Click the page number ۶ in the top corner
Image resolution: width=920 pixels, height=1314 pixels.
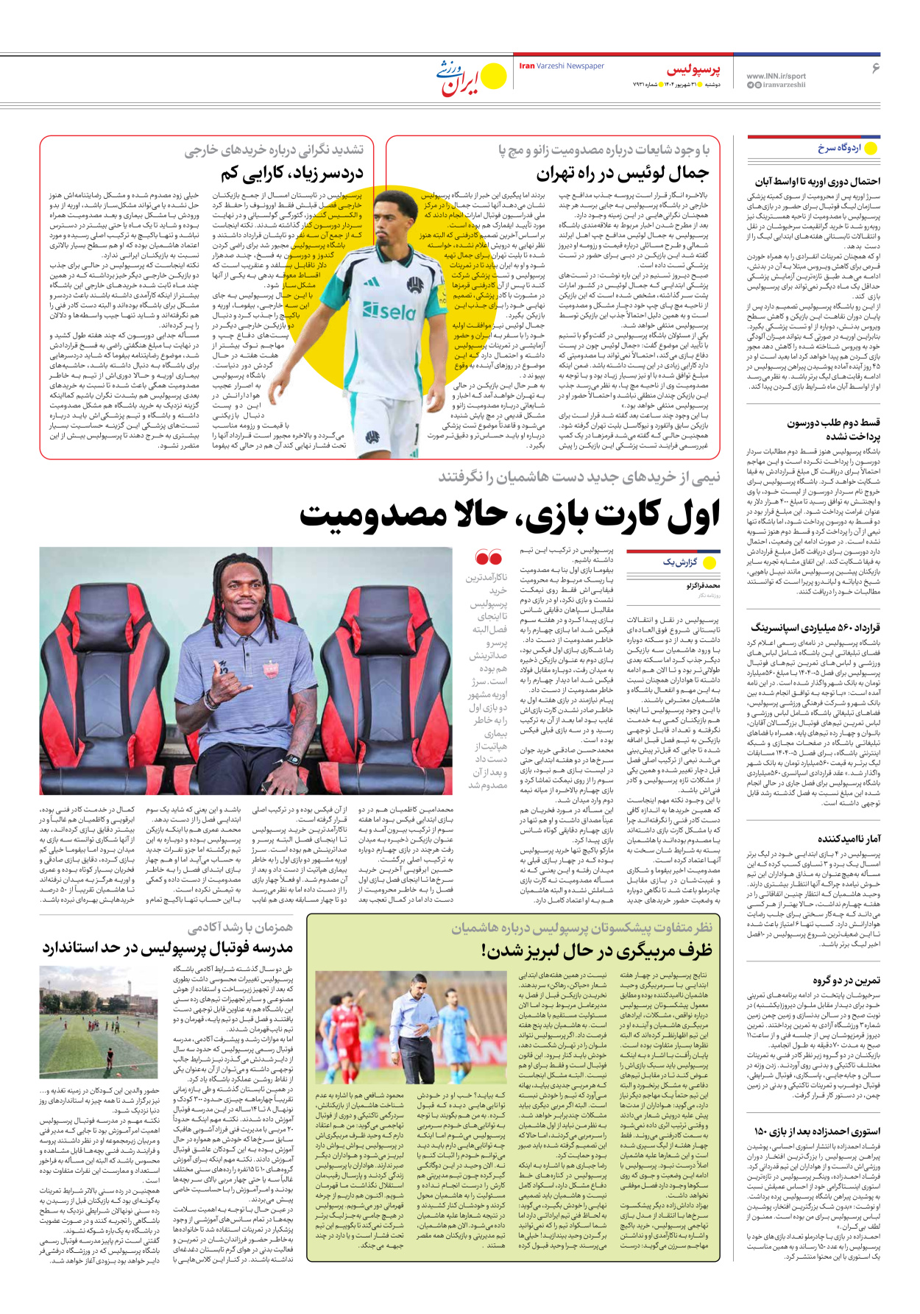tap(876, 68)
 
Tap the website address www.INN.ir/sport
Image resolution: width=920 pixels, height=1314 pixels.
tap(776, 76)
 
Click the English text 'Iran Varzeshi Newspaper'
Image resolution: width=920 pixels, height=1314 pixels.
tap(562, 66)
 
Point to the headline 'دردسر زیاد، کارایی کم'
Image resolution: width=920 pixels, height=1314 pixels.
tap(292, 174)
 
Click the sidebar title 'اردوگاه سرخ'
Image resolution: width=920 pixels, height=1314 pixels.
tap(839, 148)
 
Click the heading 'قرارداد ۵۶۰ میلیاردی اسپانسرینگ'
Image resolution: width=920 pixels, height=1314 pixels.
tap(815, 627)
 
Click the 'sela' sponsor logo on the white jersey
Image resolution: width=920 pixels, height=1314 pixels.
tap(389, 311)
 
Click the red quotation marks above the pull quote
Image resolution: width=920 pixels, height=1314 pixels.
tap(489, 557)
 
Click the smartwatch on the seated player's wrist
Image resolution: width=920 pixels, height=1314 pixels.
tap(294, 759)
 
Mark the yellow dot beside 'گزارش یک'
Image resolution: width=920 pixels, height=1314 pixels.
tap(710, 563)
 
